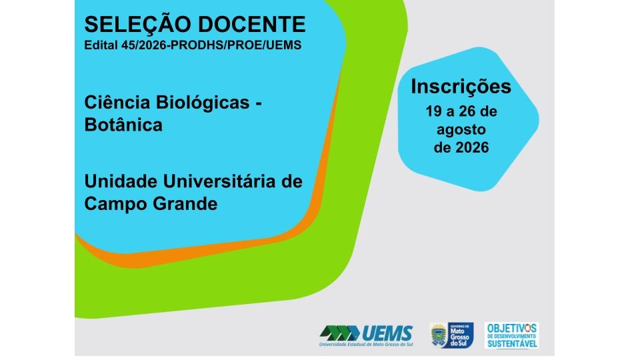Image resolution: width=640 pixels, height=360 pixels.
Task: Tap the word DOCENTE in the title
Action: pos(252,25)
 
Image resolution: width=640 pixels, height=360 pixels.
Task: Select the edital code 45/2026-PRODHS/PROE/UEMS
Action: pos(211,45)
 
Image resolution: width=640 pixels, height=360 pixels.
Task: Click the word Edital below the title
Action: pos(101,45)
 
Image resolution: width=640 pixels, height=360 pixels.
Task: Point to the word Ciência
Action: pos(117,102)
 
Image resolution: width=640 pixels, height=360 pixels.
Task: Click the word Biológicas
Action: pos(203,103)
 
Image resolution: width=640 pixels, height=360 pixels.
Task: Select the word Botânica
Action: pos(123,125)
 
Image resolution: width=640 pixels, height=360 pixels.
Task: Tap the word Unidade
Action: pos(121,181)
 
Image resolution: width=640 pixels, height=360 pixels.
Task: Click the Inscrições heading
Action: pos(461,87)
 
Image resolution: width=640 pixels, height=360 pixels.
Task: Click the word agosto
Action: pos(461,130)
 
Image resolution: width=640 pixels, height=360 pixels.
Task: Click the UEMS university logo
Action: pos(366,335)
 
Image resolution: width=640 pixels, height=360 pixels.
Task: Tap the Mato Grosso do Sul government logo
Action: pos(451,335)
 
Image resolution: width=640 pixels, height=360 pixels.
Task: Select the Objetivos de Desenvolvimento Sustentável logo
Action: pos(512,335)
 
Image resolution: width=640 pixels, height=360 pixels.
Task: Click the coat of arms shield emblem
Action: pos(439,335)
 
